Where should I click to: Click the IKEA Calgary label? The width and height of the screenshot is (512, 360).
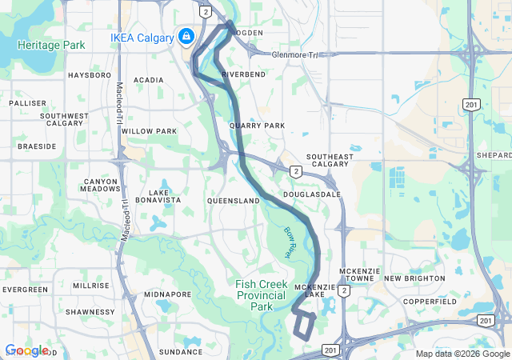coord(142,38)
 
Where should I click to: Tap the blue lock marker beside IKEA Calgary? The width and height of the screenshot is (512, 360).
coord(186,36)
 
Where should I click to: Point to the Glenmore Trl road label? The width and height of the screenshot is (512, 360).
coord(295,54)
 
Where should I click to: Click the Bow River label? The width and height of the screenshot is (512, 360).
coord(290,242)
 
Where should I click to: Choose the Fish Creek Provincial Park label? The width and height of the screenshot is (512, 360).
coord(261,295)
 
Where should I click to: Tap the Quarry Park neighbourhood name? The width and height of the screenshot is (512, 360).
coord(257,126)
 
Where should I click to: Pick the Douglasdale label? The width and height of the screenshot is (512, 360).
coord(317,194)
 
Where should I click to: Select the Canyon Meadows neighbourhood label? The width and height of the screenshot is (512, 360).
coord(100,186)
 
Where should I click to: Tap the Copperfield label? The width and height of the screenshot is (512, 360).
coord(430,302)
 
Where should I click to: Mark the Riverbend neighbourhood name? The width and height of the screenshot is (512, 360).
coord(243,74)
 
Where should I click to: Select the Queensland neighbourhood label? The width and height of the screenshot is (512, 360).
coord(233,201)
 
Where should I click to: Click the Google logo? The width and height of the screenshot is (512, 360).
coord(26,350)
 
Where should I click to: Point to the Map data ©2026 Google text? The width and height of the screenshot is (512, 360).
coord(462,354)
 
